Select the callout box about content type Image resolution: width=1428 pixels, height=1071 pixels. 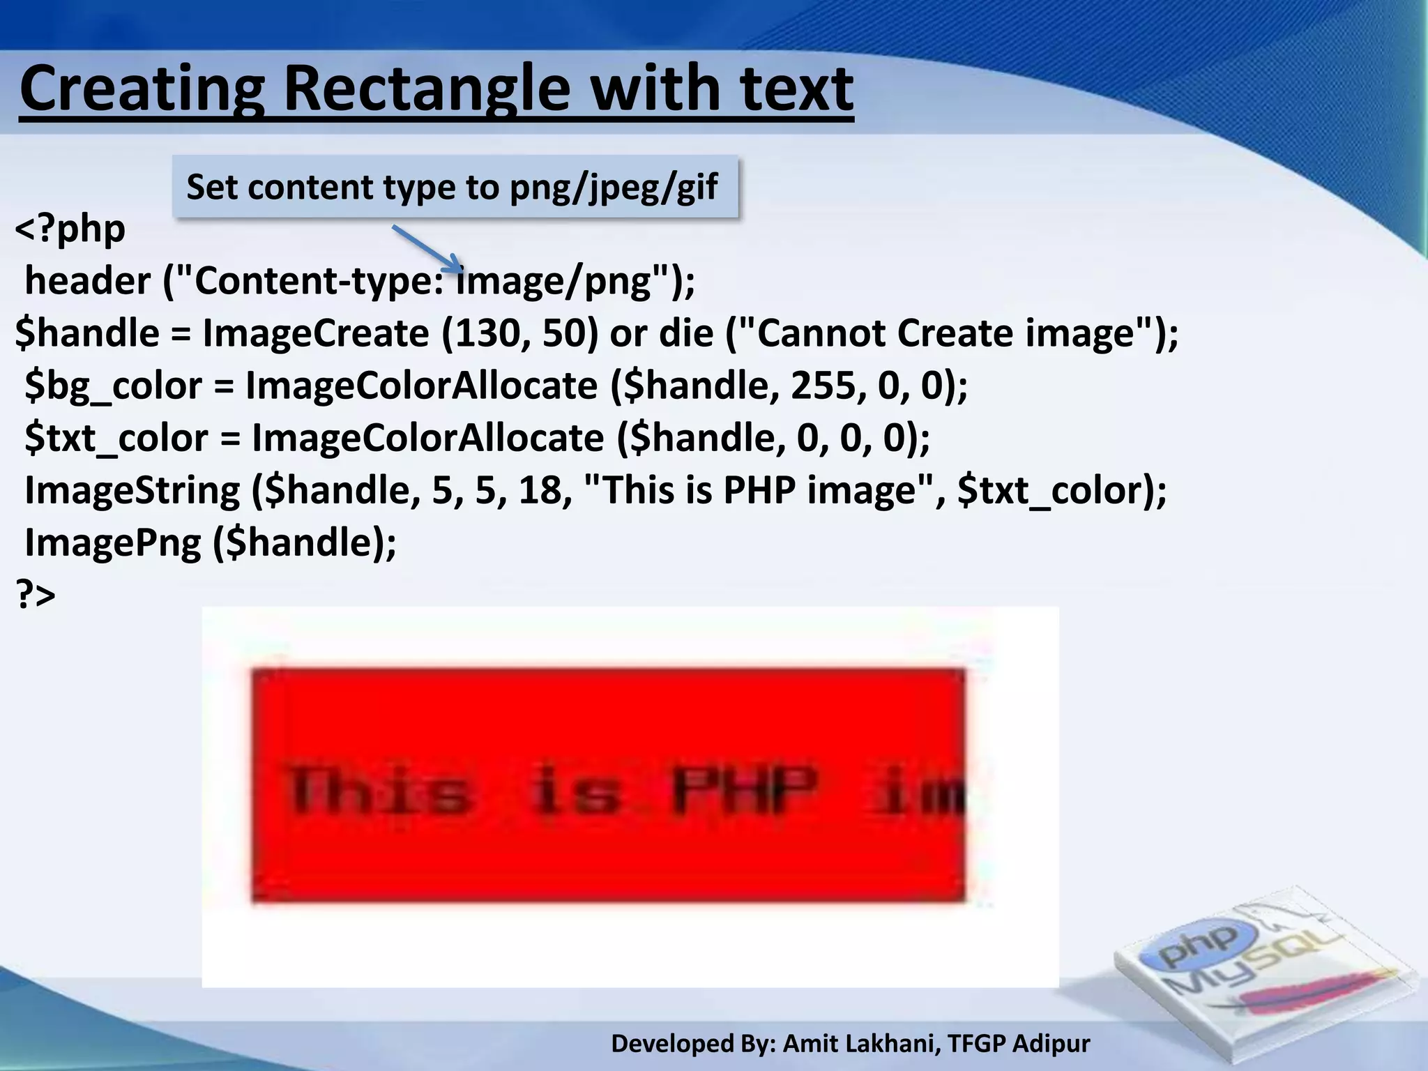(x=455, y=187)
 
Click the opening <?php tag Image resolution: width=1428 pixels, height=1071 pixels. (x=70, y=228)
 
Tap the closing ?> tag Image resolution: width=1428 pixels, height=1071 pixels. (x=36, y=594)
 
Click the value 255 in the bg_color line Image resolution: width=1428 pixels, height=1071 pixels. (x=823, y=386)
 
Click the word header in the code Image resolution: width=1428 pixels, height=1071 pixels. (x=87, y=281)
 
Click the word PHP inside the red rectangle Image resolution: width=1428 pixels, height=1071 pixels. (x=745, y=790)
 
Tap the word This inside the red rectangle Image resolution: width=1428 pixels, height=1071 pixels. (x=380, y=790)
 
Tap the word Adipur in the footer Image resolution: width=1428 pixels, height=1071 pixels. (x=1051, y=1043)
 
